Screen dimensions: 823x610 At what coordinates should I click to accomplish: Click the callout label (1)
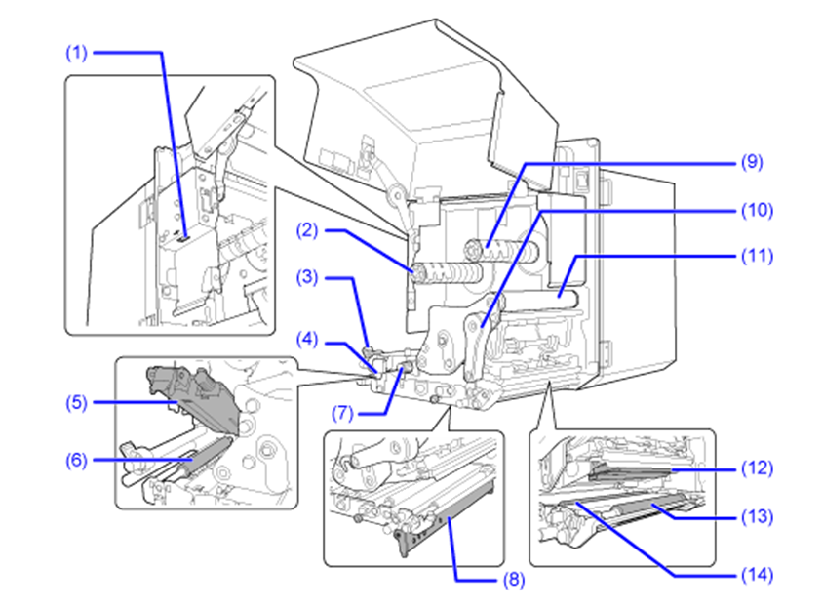pyautogui.click(x=76, y=53)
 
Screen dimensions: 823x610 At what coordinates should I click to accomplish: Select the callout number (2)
pyautogui.click(x=307, y=230)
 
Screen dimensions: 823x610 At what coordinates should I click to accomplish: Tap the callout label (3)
pyautogui.click(x=307, y=277)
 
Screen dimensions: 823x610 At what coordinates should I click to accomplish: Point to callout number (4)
pyautogui.click(x=307, y=340)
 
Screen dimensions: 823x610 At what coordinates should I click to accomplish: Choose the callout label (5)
pyautogui.click(x=76, y=403)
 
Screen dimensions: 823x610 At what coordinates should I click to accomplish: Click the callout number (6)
pyautogui.click(x=76, y=461)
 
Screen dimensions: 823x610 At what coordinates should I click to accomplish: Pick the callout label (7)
pyautogui.click(x=342, y=413)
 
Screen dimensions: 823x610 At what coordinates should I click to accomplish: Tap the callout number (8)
pyautogui.click(x=514, y=580)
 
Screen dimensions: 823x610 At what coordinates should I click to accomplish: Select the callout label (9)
pyautogui.click(x=752, y=162)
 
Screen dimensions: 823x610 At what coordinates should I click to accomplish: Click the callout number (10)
pyautogui.click(x=757, y=211)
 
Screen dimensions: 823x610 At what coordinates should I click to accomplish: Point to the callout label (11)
pyautogui.click(x=757, y=257)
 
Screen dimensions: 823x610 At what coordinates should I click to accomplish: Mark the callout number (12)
pyautogui.click(x=757, y=468)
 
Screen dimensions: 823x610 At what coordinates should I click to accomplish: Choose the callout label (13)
pyautogui.click(x=757, y=517)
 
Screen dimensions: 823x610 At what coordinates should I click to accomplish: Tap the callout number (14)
pyautogui.click(x=757, y=575)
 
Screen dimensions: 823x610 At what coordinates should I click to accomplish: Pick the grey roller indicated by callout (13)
pyautogui.click(x=650, y=507)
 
